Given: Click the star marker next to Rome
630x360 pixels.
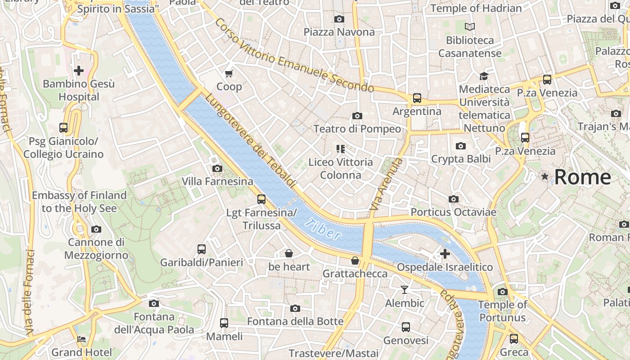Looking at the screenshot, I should click(545, 176).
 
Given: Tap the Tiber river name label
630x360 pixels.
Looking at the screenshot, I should click(322, 229).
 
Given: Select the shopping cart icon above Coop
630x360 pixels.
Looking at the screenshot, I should click(229, 73).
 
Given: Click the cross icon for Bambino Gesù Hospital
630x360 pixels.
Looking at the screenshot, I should click(79, 71).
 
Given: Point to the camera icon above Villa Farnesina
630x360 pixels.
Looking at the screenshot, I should click(217, 168).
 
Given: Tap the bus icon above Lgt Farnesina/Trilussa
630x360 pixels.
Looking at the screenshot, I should click(261, 199).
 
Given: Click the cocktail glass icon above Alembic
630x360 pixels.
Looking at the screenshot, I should click(405, 290).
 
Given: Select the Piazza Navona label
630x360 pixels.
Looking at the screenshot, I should click(339, 32).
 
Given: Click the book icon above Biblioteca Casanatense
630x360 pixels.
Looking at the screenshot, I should click(470, 27).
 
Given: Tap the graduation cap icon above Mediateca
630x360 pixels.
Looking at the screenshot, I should click(484, 76).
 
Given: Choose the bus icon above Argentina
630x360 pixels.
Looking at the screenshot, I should click(417, 98).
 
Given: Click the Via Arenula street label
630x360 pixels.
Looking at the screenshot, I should click(386, 184).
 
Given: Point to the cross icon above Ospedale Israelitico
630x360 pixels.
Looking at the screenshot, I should click(445, 254).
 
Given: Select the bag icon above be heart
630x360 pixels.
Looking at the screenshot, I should click(289, 253).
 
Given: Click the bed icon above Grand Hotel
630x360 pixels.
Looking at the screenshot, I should click(81, 339).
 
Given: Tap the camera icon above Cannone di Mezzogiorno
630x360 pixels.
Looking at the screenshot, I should click(96, 229).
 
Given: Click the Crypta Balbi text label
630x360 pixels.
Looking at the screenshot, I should click(461, 159).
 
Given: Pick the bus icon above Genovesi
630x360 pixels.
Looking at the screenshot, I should click(406, 327).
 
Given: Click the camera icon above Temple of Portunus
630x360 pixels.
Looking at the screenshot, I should click(503, 292).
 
